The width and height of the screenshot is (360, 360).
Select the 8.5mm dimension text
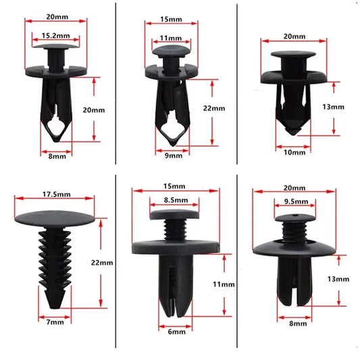[x=174, y=200]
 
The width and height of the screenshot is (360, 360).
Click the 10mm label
[x=293, y=153]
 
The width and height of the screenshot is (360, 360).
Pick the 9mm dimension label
[x=174, y=155]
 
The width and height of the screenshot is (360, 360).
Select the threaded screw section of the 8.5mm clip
[x=174, y=228]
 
